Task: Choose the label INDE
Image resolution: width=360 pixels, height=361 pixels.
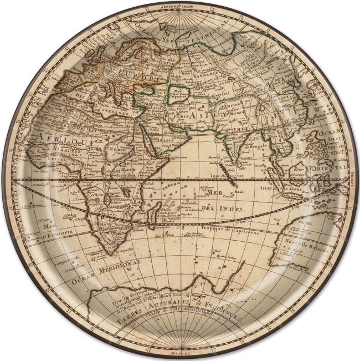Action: click(227, 130)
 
